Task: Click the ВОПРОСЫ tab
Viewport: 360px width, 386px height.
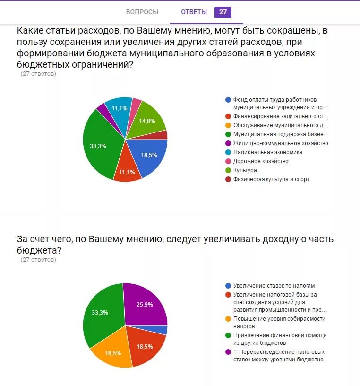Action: (x=142, y=12)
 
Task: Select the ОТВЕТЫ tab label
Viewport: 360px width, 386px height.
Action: (x=194, y=12)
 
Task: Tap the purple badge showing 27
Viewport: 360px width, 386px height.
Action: (x=223, y=12)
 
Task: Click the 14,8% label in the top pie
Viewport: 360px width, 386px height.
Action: (x=147, y=121)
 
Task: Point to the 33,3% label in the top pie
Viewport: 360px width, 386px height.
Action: (x=98, y=146)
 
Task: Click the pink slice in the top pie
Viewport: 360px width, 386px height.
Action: (x=136, y=105)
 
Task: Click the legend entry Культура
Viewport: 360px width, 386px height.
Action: (x=245, y=170)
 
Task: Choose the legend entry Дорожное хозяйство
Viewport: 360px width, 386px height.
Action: (x=260, y=161)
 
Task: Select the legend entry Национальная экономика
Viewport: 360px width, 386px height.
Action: (x=267, y=152)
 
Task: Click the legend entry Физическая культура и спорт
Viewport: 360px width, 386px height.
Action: (x=271, y=179)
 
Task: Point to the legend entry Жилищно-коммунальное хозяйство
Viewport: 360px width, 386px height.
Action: (x=280, y=143)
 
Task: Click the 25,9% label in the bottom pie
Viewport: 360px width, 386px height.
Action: (x=145, y=305)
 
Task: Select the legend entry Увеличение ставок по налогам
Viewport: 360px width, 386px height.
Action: (x=274, y=286)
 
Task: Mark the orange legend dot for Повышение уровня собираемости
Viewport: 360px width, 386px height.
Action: (x=228, y=319)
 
